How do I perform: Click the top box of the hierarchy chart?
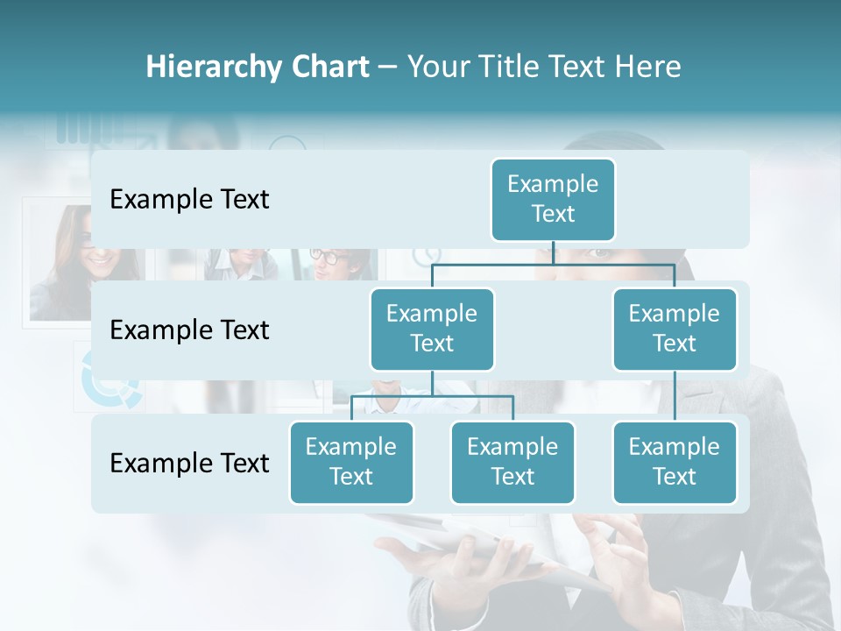coord(553,199)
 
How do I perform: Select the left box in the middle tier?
coord(432,329)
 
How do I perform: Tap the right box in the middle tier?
coord(675,329)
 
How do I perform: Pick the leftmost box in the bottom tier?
coord(351,462)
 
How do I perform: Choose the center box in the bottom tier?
coord(512,462)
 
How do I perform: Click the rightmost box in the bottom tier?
coord(675,462)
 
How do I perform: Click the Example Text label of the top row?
coord(189,200)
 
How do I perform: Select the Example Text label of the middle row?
coord(189,330)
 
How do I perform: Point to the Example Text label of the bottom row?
coord(189,463)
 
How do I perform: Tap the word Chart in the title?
coord(329,67)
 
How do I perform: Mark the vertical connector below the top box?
coord(553,252)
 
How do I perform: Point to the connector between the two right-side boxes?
coord(675,396)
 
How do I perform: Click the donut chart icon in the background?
coord(110,379)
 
